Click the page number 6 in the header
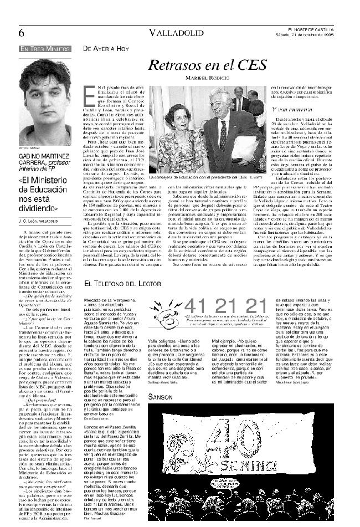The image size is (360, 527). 21,33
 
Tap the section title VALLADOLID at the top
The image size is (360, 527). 179,33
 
